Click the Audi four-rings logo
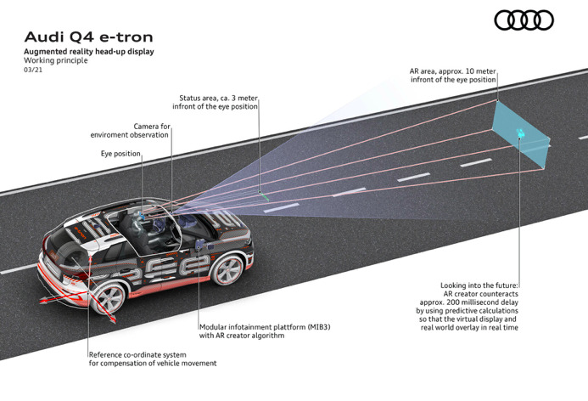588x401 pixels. tap(524, 20)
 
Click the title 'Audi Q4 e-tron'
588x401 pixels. tap(89, 37)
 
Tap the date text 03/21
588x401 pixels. tap(33, 70)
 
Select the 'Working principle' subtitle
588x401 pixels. tap(56, 60)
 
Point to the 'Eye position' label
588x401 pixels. tap(120, 154)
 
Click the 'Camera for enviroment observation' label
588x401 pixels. tap(130, 131)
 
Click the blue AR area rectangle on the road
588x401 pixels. tap(520, 134)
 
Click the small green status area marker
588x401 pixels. tap(264, 195)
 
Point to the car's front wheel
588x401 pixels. tap(227, 270)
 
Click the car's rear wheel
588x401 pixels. tap(109, 298)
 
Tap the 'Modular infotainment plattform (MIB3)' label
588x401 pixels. tap(265, 327)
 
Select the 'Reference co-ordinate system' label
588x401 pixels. tap(137, 354)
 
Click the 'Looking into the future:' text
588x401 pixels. tap(479, 285)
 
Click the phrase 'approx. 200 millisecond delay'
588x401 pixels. tap(468, 302)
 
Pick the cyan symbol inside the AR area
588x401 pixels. tap(520, 133)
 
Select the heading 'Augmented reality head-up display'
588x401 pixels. tap(89, 52)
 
